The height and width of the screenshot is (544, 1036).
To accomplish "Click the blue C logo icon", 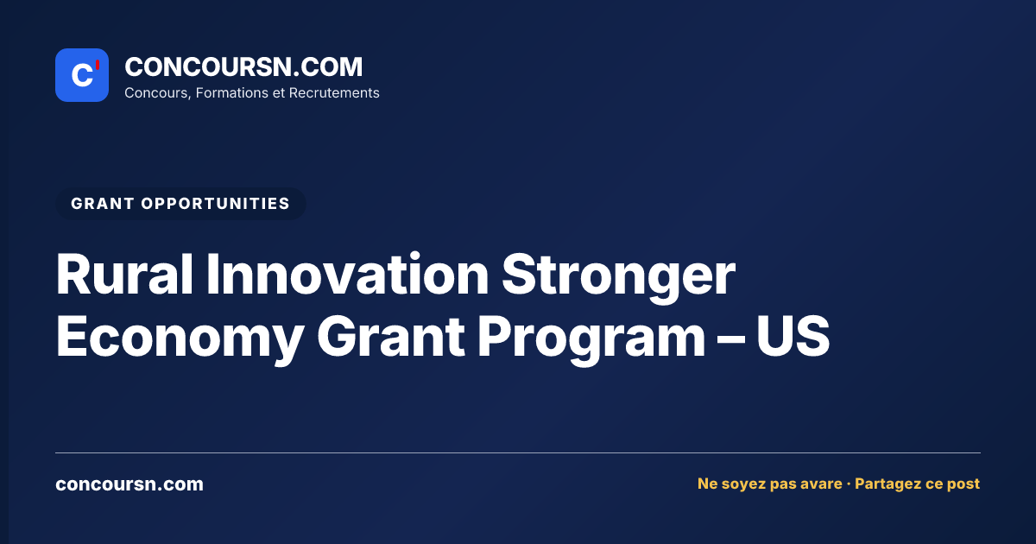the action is click(x=82, y=75).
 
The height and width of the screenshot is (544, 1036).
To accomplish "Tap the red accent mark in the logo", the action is click(x=98, y=65).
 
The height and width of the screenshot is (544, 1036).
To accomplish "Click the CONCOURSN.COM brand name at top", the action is click(x=243, y=66).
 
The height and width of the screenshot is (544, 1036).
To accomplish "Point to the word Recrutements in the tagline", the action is click(x=334, y=93).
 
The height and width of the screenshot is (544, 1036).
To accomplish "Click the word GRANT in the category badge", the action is click(x=103, y=204).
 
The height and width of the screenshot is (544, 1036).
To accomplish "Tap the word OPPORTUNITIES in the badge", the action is click(x=216, y=204).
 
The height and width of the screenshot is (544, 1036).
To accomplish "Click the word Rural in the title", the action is click(x=124, y=274).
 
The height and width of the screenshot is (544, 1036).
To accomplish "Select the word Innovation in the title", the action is click(x=347, y=274).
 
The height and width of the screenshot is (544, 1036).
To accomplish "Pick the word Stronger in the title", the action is click(x=618, y=277).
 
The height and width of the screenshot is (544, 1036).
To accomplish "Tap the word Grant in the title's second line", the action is click(x=391, y=336).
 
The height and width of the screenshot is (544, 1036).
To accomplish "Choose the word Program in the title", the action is click(x=591, y=340).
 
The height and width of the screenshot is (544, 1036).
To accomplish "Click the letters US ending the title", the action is click(x=793, y=336).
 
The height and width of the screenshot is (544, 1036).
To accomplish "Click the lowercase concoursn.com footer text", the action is click(x=129, y=484).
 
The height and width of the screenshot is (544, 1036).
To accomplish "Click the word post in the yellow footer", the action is click(x=963, y=484).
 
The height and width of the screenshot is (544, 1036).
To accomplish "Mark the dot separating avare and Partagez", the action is click(x=848, y=484).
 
